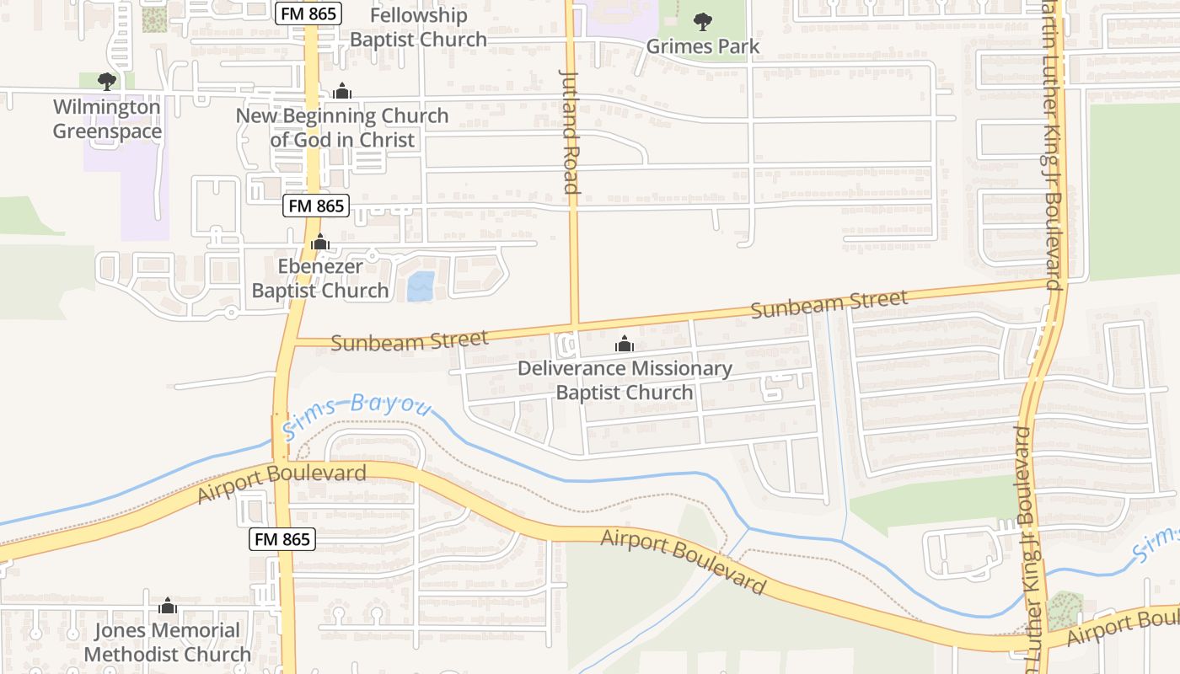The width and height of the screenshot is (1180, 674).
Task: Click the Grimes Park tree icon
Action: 702,21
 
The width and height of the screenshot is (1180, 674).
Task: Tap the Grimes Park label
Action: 703,46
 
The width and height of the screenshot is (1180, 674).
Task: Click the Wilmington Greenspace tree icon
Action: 106,81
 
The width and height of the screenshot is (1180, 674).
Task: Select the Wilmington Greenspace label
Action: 106,119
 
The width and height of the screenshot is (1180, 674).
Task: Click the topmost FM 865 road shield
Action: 308,13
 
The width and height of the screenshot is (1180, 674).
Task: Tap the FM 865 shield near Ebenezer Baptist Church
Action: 315,206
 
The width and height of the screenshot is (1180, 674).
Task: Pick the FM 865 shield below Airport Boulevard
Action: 282,539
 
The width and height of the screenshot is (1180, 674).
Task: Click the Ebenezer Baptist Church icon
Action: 319,243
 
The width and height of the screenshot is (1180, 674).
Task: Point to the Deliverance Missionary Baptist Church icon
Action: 625,344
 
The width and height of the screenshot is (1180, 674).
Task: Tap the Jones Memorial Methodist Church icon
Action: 167,606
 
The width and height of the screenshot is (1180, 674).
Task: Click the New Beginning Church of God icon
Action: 341,91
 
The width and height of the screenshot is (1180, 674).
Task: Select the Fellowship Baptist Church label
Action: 418,27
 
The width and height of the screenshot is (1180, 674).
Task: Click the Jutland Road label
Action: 571,131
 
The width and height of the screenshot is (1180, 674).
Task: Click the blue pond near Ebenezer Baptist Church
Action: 421,286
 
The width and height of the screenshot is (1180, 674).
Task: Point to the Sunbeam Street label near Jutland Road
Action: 409,340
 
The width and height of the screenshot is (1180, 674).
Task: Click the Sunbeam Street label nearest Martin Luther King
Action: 829,303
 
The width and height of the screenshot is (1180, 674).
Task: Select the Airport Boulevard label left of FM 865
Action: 282,484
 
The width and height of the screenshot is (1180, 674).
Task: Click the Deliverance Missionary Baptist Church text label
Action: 625,380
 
